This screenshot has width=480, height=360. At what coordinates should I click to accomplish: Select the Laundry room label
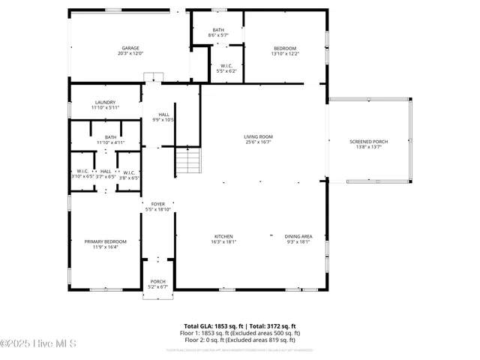[105, 104]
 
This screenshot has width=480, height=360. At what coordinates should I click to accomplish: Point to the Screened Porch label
[369, 144]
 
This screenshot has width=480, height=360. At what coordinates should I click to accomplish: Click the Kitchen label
[223, 238]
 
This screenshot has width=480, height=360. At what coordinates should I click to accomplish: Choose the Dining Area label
[298, 238]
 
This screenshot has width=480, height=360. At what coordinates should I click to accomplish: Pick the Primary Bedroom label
[105, 244]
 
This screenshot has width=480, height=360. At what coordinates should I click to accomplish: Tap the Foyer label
[158, 206]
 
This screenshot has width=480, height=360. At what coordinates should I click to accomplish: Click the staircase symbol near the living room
[190, 160]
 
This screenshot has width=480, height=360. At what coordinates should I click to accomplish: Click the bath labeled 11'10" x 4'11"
[110, 139]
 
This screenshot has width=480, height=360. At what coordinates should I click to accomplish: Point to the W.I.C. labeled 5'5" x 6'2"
[226, 67]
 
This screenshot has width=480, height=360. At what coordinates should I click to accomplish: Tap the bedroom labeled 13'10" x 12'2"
[284, 51]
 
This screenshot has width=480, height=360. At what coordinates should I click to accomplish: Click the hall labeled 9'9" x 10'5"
[163, 117]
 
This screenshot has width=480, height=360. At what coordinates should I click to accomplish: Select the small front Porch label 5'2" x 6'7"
[158, 284]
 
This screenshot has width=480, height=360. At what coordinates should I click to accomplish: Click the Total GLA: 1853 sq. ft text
[214, 326]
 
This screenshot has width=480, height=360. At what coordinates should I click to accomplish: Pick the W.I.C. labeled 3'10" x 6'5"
[82, 174]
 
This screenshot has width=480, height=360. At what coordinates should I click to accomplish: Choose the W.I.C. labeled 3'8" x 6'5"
[129, 174]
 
